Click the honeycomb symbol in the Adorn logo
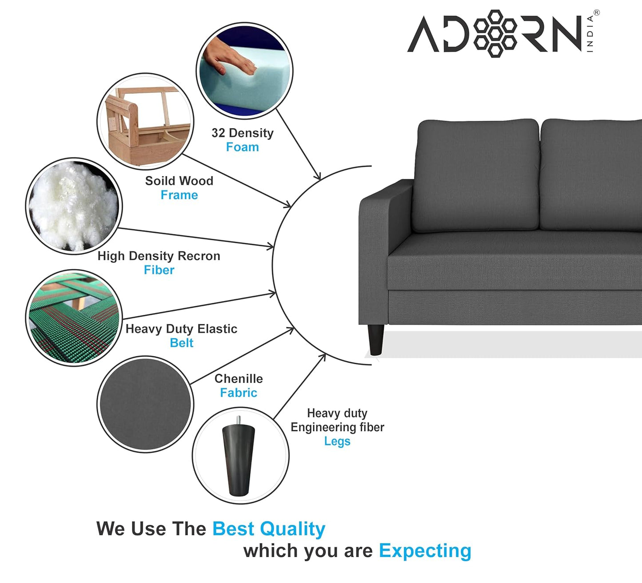[495, 34]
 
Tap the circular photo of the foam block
[244, 71]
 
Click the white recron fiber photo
[74, 206]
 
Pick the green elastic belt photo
[74, 318]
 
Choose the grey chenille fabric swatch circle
[145, 404]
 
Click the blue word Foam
[242, 147]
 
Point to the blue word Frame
[179, 195]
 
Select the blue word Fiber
[159, 270]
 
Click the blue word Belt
[181, 343]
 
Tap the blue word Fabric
[239, 393]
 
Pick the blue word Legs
[337, 441]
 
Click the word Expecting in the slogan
[425, 551]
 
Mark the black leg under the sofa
[376, 340]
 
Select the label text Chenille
[239, 379]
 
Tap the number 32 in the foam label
[218, 133]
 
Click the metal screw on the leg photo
[239, 420]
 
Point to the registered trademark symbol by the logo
[597, 13]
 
